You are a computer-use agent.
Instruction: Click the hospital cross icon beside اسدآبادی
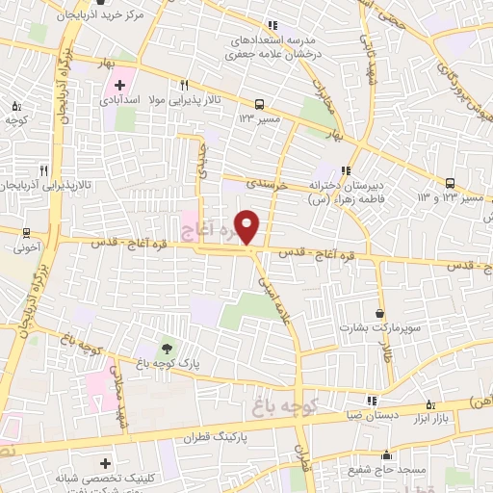click(x=118, y=86)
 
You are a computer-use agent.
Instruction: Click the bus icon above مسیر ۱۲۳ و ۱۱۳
click(x=451, y=184)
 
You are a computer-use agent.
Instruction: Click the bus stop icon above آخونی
click(x=26, y=232)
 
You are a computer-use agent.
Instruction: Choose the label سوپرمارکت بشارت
click(x=379, y=328)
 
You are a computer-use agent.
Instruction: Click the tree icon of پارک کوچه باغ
click(x=169, y=348)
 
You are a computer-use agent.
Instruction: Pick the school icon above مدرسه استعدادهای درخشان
click(x=272, y=25)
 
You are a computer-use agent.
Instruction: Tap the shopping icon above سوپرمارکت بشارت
click(x=380, y=313)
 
